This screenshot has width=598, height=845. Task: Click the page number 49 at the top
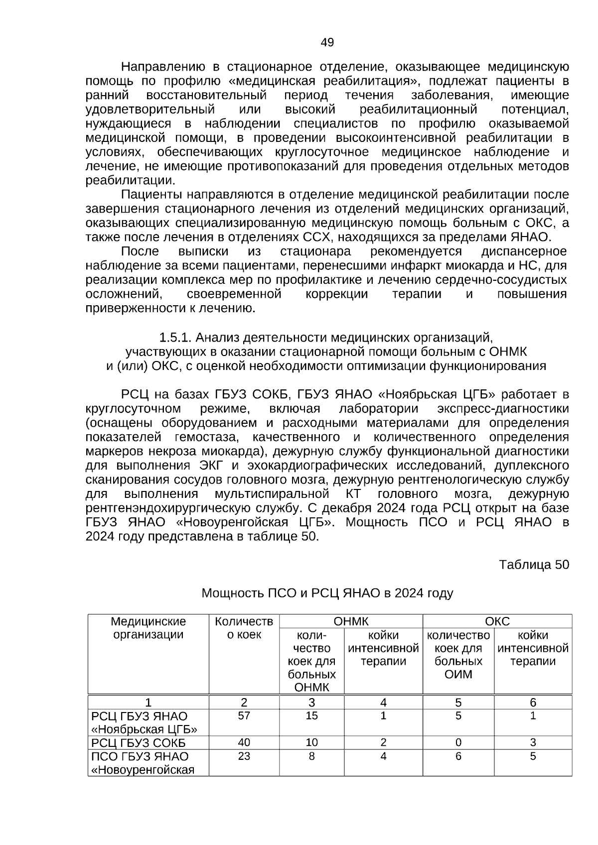[327, 42]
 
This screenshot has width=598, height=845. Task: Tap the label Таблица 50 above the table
[534, 565]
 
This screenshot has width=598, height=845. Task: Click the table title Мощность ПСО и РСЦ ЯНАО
[327, 593]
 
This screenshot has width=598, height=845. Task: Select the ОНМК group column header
[351, 621]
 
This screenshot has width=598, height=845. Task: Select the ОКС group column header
[497, 621]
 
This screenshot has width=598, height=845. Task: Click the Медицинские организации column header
[148, 628]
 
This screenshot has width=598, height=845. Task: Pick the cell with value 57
[244, 716]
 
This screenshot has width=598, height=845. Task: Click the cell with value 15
[311, 716]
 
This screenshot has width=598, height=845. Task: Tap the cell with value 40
[244, 742]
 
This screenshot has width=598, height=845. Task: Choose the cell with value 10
[311, 742]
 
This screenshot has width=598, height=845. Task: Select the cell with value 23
[244, 756]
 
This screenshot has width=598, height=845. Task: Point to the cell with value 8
[311, 756]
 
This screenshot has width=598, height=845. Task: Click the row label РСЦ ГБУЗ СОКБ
[139, 743]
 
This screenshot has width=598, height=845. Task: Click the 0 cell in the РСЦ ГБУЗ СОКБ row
[458, 742]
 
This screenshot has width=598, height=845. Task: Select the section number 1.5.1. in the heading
[175, 338]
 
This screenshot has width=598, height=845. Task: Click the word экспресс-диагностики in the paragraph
[502, 409]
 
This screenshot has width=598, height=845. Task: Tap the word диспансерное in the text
[524, 251]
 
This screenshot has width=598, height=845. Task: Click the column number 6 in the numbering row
[533, 703]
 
